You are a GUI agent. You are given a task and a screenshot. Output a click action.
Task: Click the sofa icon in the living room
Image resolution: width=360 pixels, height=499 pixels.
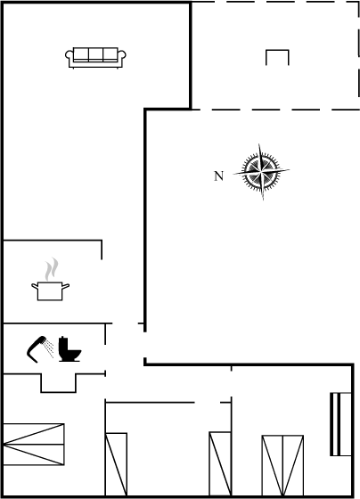(95, 58)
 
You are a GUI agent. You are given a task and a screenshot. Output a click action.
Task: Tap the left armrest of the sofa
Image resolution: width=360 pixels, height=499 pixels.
(70, 56)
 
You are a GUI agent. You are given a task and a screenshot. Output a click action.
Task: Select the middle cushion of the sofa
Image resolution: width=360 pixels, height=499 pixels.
(95, 53)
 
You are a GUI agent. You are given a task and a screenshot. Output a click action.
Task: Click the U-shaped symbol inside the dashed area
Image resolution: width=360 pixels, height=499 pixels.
(277, 51)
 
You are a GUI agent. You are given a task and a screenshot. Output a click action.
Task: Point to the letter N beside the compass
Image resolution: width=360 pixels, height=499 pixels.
(218, 176)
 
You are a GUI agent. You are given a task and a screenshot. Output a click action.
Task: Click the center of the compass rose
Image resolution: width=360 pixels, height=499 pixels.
(261, 172)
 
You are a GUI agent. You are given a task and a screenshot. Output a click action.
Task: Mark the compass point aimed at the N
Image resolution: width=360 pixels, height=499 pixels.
(235, 174)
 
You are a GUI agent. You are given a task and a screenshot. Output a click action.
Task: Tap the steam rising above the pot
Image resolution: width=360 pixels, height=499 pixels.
(52, 269)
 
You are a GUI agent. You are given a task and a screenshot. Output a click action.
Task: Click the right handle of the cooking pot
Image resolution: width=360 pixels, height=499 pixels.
(66, 286)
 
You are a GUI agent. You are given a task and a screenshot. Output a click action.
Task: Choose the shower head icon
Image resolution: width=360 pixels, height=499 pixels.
(36, 349)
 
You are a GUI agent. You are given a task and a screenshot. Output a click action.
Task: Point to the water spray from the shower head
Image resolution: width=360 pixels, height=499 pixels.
(49, 348)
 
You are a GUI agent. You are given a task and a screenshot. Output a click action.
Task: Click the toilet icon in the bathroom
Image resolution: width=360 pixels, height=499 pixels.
(70, 349)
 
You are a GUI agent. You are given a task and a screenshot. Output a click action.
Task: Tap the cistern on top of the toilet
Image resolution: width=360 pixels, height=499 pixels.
(63, 344)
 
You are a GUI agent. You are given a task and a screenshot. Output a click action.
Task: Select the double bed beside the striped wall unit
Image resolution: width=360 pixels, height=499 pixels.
(282, 465)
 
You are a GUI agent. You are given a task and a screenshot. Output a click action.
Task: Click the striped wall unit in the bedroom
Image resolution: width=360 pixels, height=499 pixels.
(340, 424)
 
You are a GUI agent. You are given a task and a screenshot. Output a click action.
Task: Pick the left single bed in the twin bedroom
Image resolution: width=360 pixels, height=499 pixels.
(116, 464)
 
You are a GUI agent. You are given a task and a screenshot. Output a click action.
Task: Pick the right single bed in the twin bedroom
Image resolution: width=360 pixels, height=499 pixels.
(220, 463)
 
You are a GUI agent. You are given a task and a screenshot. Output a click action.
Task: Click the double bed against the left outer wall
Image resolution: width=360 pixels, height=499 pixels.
(34, 445)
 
